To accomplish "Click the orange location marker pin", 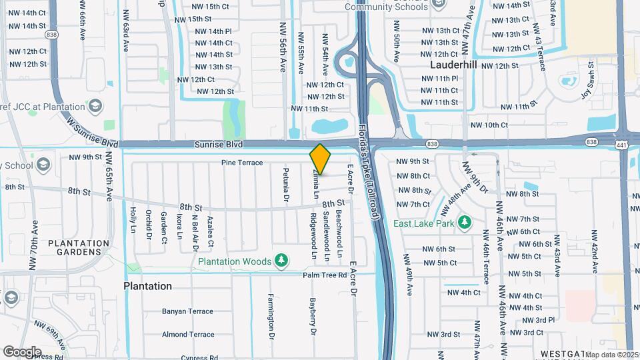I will [x=320, y=159].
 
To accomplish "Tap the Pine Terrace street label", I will [x=242, y=163].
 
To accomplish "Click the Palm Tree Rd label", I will [x=325, y=275].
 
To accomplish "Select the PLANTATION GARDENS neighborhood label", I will [x=79, y=247].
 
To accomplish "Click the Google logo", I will [x=22, y=351].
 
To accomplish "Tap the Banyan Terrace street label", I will [x=187, y=311].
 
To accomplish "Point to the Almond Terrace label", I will [x=187, y=334].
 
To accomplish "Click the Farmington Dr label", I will [x=271, y=316].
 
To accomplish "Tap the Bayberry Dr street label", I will [x=312, y=316].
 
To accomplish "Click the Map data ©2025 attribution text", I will [x=611, y=355].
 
